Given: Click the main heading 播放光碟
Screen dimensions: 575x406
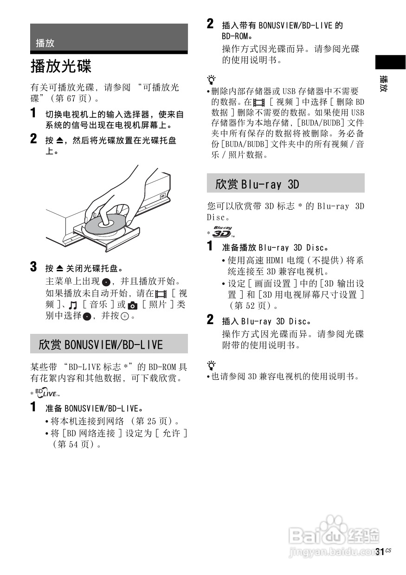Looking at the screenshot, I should click(61, 66).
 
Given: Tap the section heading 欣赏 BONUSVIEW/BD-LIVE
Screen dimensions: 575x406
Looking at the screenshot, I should click(101, 345).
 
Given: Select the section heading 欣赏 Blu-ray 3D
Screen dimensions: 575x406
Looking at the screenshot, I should click(257, 184).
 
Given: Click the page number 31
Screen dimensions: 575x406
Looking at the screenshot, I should click(380, 552).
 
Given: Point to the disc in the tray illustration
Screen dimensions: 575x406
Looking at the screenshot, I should click(104, 225).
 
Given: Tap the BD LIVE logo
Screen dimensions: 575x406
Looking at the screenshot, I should click(47, 394).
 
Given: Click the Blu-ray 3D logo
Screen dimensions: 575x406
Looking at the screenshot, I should click(222, 231).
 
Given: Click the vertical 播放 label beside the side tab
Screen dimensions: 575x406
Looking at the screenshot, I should click(384, 83).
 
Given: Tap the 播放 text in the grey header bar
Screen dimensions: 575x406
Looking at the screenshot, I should click(45, 43).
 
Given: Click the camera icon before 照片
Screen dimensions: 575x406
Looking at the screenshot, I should click(133, 305).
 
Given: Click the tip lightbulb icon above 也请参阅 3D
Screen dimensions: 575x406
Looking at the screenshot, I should click(212, 364).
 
